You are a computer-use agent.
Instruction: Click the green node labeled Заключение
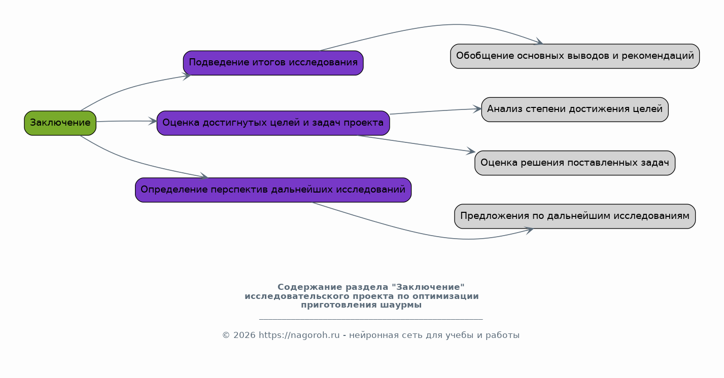pyautogui.click(x=60, y=123)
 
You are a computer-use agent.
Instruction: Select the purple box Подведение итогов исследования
pyautogui.click(x=273, y=63)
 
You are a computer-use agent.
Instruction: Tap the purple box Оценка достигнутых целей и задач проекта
pyautogui.click(x=273, y=123)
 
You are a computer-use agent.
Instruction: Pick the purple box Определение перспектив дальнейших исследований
pyautogui.click(x=273, y=190)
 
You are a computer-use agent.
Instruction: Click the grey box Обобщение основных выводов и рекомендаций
pyautogui.click(x=575, y=56)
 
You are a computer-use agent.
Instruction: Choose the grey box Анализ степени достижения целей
pyautogui.click(x=575, y=109)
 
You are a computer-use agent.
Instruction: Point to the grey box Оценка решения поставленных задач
pyautogui.click(x=575, y=163)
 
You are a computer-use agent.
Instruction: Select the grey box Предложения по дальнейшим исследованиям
pyautogui.click(x=575, y=216)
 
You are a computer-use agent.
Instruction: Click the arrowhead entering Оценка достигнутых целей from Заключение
pyautogui.click(x=153, y=122)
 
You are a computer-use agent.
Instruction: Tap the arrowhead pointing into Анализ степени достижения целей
pyautogui.click(x=477, y=109)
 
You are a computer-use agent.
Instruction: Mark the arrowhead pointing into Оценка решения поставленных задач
pyautogui.click(x=471, y=151)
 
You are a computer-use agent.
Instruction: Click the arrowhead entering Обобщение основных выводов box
pyautogui.click(x=539, y=42)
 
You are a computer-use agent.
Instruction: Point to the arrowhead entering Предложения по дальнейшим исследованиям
pyautogui.click(x=529, y=230)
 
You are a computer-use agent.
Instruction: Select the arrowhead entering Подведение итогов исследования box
pyautogui.click(x=187, y=77)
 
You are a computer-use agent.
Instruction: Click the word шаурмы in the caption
pyautogui.click(x=401, y=305)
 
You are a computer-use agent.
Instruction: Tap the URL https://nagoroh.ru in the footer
pyautogui.click(x=299, y=335)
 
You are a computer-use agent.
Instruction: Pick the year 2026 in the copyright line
pyautogui.click(x=245, y=336)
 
